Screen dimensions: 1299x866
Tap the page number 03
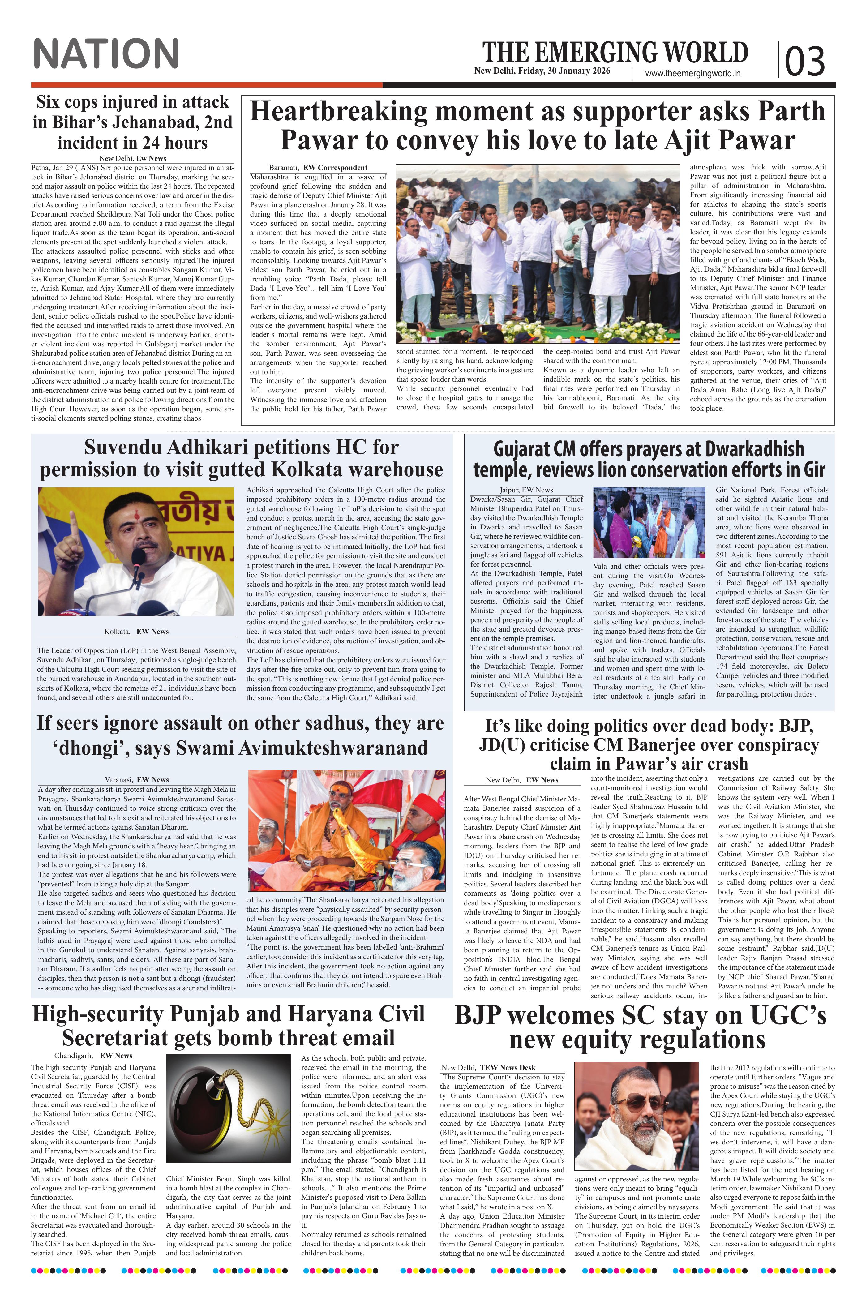pyautogui.click(x=805, y=61)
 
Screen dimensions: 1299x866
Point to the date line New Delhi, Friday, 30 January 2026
pyautogui.click(x=542, y=71)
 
